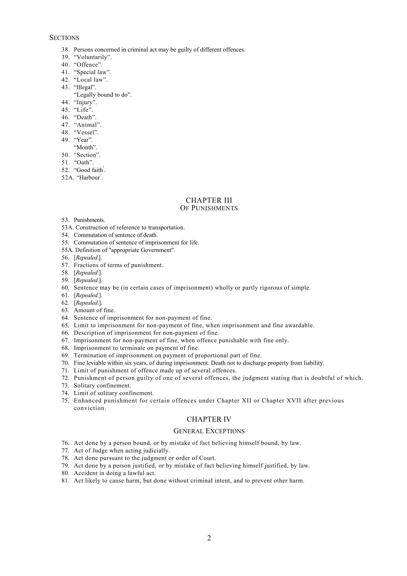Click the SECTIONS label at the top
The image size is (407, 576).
coord(64,38)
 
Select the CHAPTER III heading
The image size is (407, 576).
coord(209,200)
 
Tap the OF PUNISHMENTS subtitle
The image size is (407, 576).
coord(209,208)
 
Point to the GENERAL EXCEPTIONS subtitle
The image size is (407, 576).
coord(209,431)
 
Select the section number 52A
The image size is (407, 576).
coord(67,178)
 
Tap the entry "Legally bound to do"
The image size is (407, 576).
coord(103,95)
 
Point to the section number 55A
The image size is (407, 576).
coord(67,250)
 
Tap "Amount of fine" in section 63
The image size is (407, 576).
coord(94,310)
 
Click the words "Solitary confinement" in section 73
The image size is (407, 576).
coord(102,386)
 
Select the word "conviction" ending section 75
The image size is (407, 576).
coord(90,408)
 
